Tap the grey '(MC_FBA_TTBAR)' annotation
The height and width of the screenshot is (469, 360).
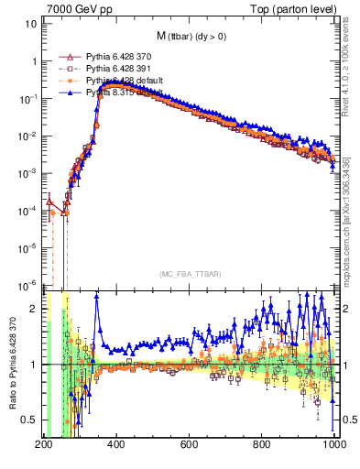[x=189, y=273]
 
